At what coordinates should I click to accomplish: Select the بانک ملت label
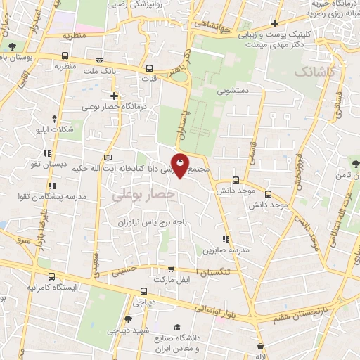[98, 71]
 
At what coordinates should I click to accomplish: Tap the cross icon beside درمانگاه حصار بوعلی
[115, 95]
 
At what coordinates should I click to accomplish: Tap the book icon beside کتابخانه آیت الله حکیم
[108, 157]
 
